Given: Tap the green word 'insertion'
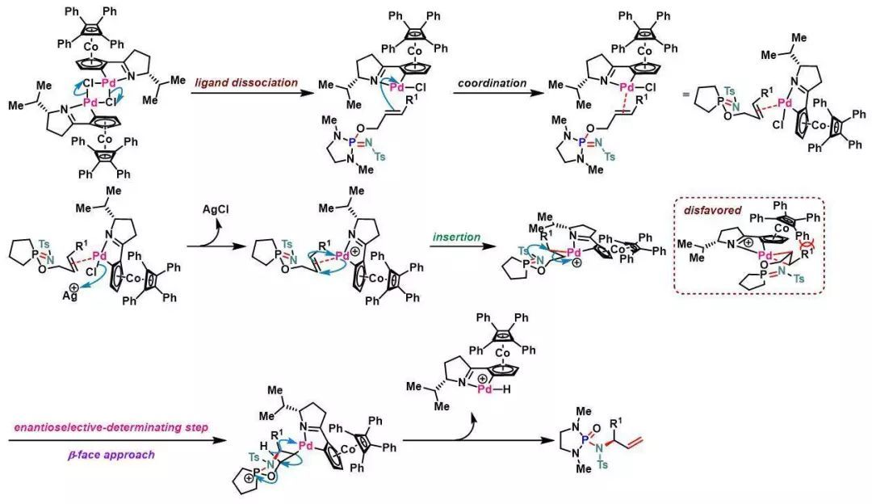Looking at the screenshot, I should tap(456, 237).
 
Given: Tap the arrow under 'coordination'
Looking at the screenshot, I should tap(493, 94).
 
